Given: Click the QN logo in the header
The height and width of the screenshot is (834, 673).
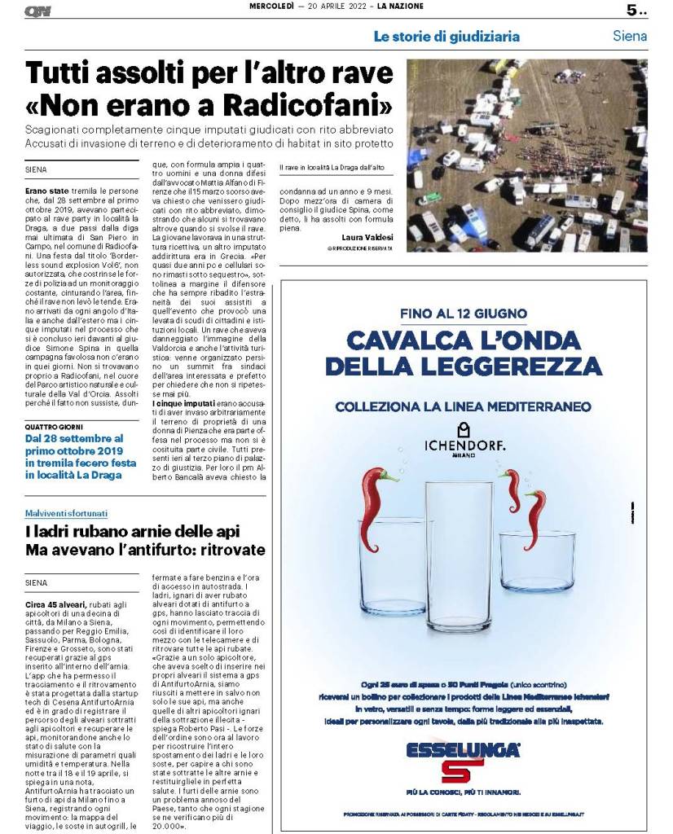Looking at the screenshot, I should pos(37,11).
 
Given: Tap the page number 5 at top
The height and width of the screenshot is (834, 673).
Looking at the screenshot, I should pos(631,11).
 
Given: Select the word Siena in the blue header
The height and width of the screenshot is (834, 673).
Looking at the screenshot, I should pos(629,36).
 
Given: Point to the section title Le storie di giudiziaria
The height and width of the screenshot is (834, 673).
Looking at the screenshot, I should pos(446,37).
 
